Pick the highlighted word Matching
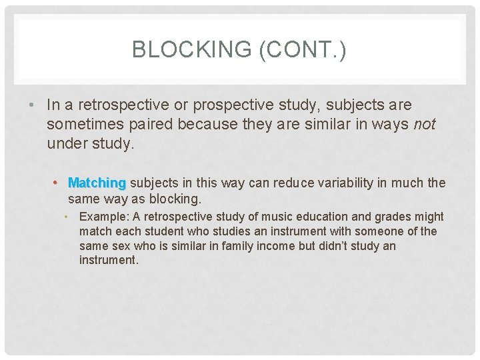[x=97, y=183]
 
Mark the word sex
[x=117, y=246]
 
